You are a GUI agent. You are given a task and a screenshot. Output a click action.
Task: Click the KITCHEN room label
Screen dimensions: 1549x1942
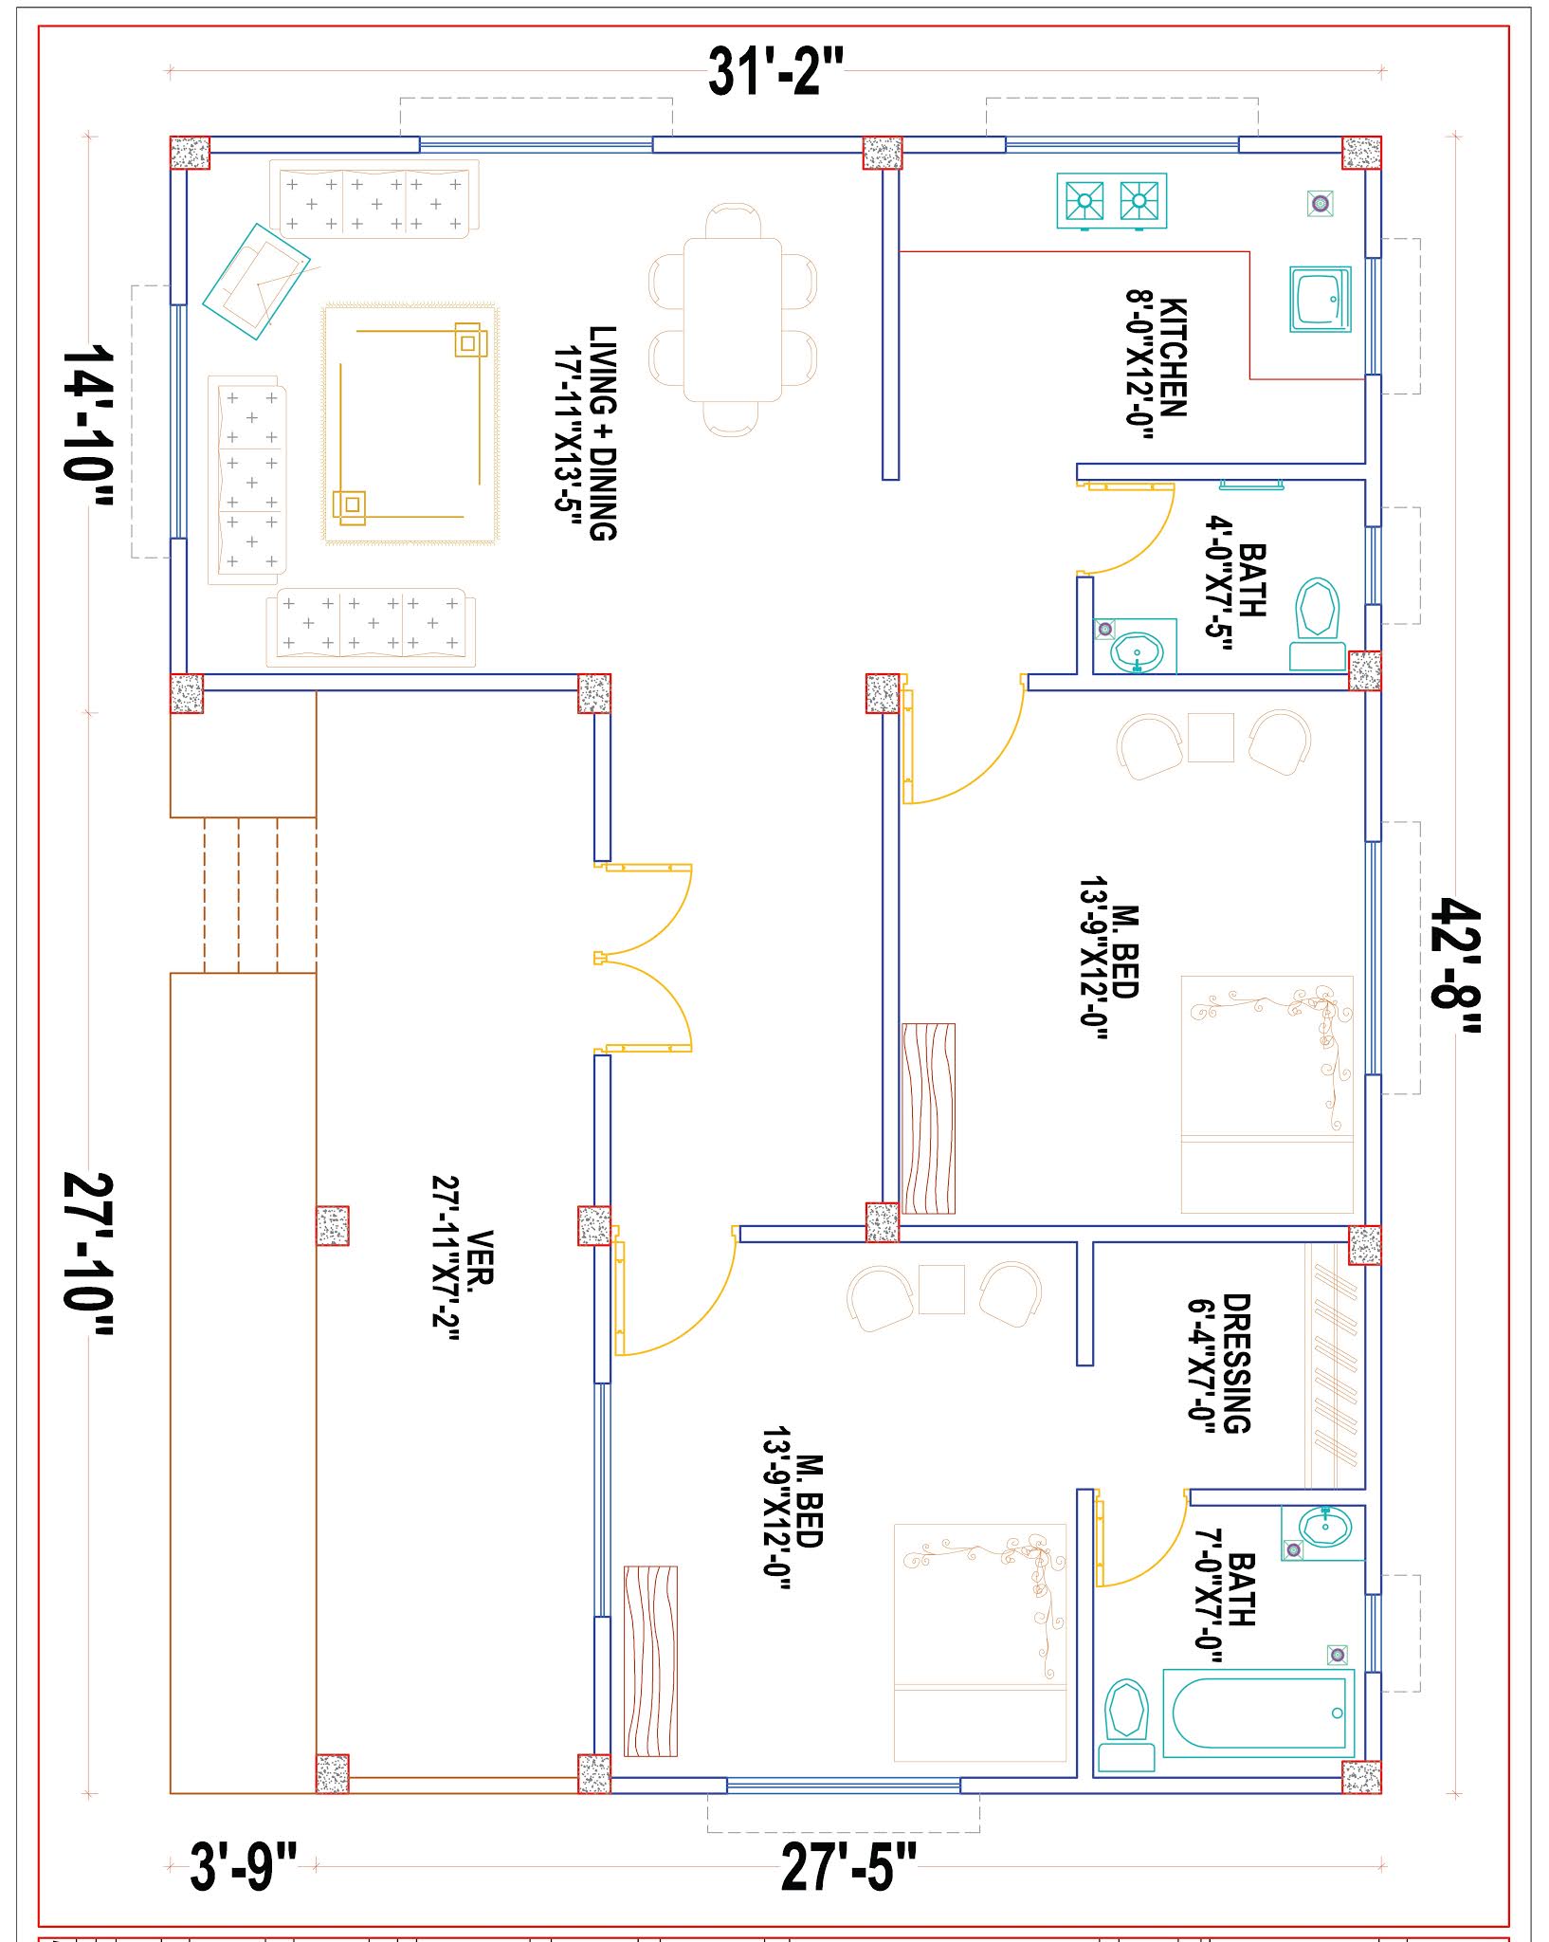(1172, 357)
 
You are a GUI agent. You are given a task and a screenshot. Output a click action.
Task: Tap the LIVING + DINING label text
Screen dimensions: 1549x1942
(603, 432)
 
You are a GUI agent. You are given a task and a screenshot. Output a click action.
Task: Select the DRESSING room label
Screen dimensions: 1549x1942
(1236, 1363)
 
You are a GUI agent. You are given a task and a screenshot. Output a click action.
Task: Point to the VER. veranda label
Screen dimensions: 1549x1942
(481, 1257)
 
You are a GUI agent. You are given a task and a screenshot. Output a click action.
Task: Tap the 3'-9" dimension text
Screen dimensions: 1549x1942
(244, 1866)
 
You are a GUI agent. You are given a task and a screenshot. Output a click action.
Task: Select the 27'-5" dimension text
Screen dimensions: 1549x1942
(848, 1866)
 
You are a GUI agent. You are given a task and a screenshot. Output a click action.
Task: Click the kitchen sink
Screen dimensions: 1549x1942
(1320, 299)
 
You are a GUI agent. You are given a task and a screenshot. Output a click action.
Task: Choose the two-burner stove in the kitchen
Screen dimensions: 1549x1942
(1111, 201)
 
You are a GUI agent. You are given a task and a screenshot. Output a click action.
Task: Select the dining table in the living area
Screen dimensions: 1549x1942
(733, 320)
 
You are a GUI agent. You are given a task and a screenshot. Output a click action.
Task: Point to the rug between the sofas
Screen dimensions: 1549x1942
(410, 424)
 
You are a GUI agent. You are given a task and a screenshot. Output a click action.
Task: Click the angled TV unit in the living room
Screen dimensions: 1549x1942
(256, 282)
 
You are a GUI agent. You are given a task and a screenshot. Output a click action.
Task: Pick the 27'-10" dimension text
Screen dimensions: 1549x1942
(88, 1255)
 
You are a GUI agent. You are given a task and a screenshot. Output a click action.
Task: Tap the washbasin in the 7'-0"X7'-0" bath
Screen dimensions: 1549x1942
(1324, 1528)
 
